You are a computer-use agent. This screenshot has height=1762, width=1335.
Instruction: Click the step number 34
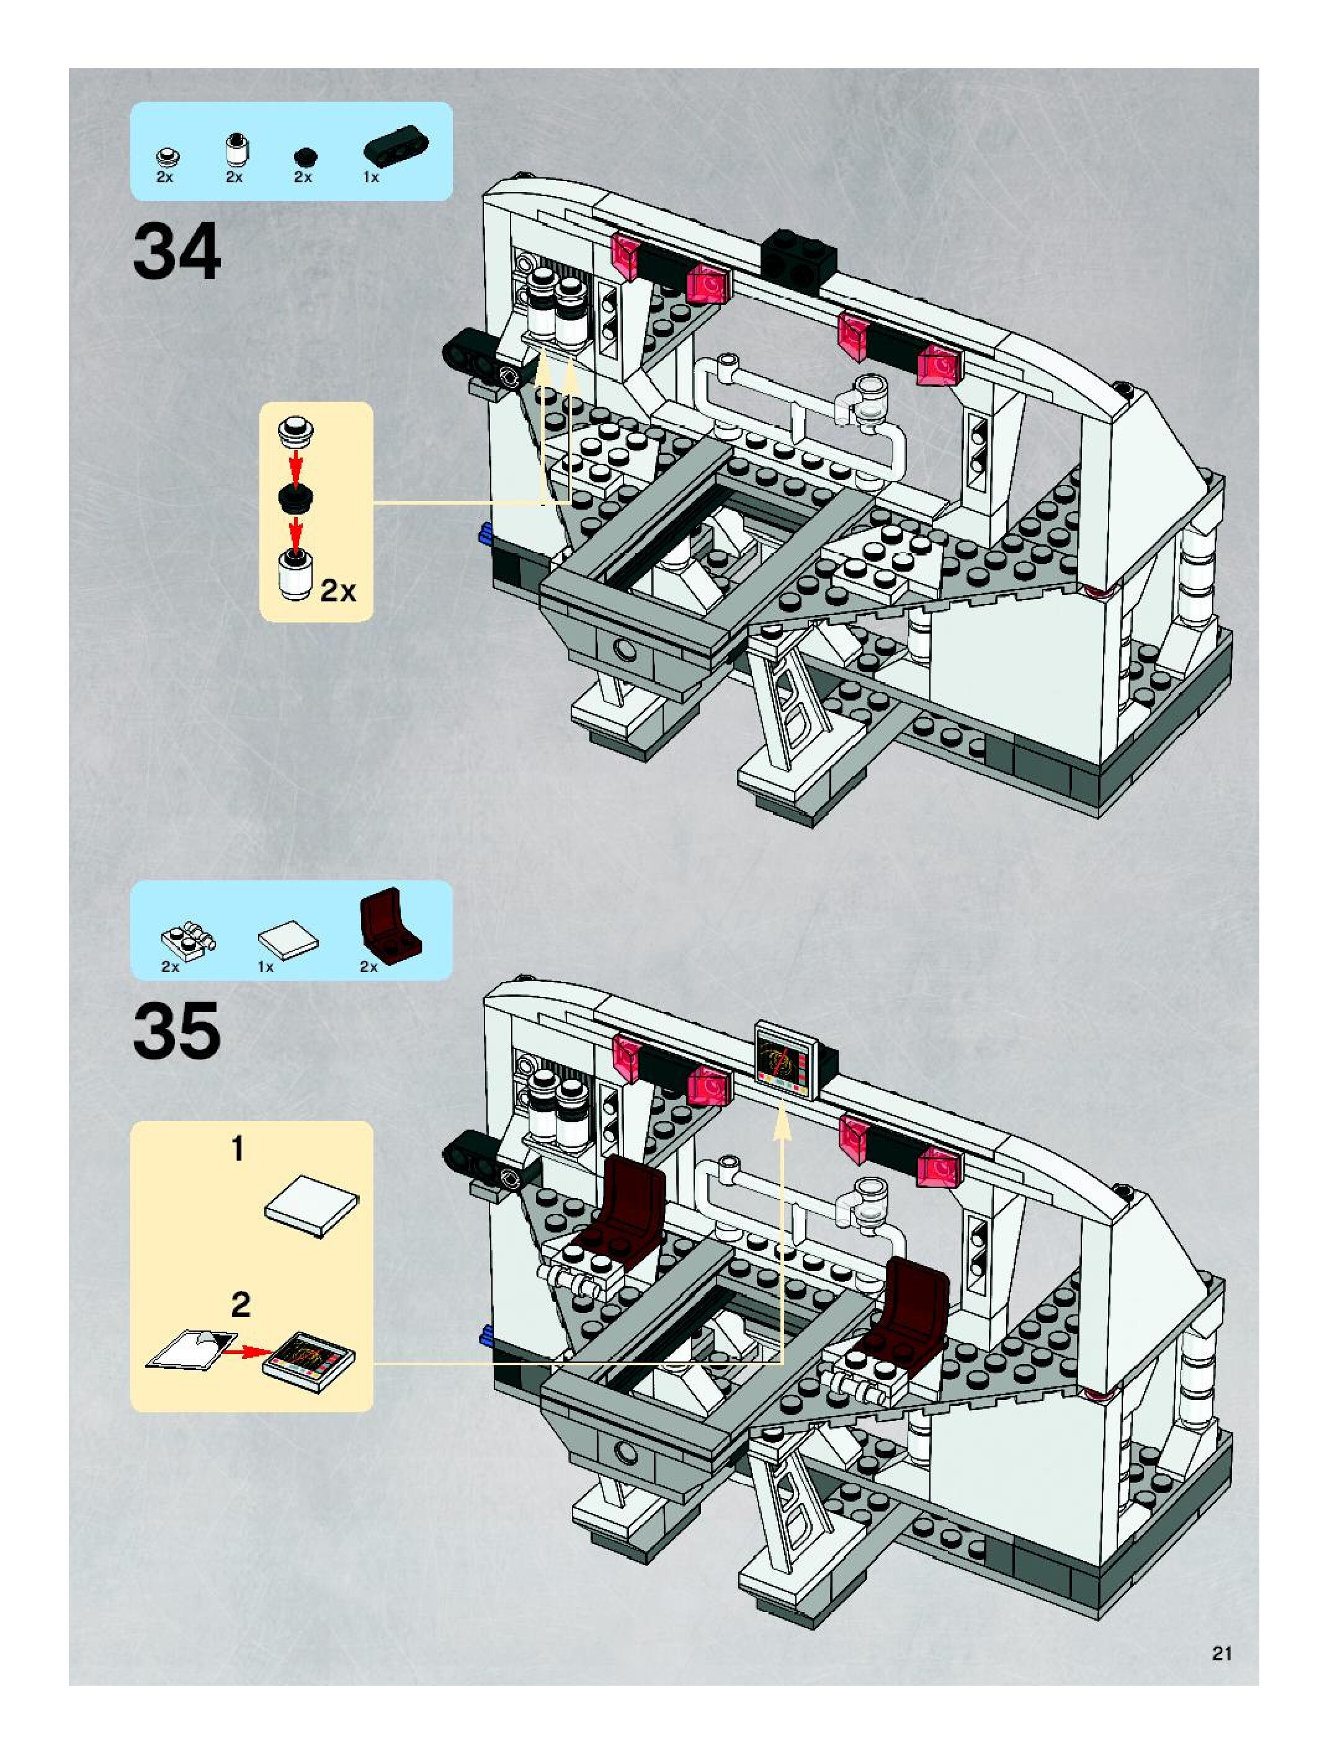[177, 252]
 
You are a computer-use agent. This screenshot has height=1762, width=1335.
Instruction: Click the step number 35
[177, 1031]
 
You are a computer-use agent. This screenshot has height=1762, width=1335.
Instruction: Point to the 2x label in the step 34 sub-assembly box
[339, 591]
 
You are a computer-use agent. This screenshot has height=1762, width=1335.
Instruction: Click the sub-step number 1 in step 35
[238, 1149]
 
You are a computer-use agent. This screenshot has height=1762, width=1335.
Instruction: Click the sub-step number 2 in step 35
[240, 1304]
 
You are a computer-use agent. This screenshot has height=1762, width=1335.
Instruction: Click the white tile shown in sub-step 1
[311, 1206]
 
